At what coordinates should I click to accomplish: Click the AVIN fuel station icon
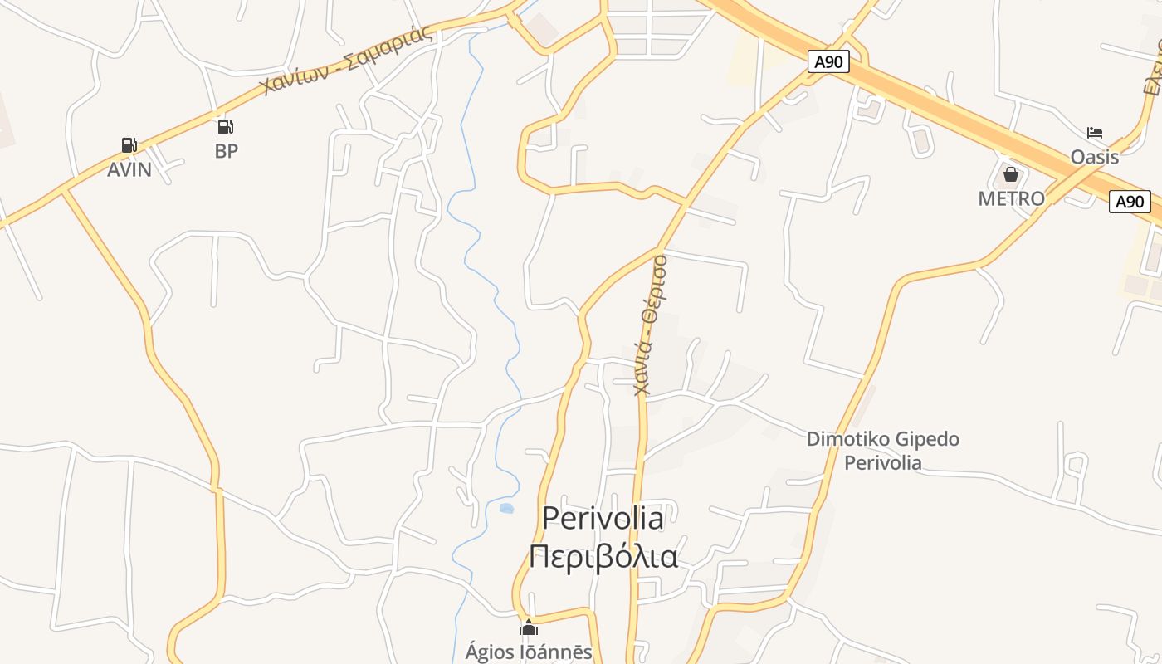coord(129,146)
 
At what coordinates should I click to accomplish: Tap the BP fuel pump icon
coord(225,127)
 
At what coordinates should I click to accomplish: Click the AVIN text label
coord(129,169)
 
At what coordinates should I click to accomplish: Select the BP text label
coord(226,151)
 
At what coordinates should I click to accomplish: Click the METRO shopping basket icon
coord(1011,174)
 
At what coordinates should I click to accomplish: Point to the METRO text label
coord(1011,199)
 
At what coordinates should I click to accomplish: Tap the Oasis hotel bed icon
coord(1095,133)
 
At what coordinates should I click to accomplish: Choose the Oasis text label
coord(1094,157)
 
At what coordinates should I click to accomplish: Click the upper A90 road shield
coord(829,61)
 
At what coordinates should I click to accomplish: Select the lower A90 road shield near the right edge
coord(1130,202)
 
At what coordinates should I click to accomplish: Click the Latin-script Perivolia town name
coord(603,518)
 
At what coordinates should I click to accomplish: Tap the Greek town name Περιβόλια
coord(603,556)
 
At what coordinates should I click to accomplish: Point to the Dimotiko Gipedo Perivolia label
coord(883,451)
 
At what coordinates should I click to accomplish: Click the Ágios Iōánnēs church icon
coord(529,627)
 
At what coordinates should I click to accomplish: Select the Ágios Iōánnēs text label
coord(529,652)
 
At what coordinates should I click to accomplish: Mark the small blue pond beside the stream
coord(506,507)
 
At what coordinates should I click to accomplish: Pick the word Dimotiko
coord(844,439)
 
